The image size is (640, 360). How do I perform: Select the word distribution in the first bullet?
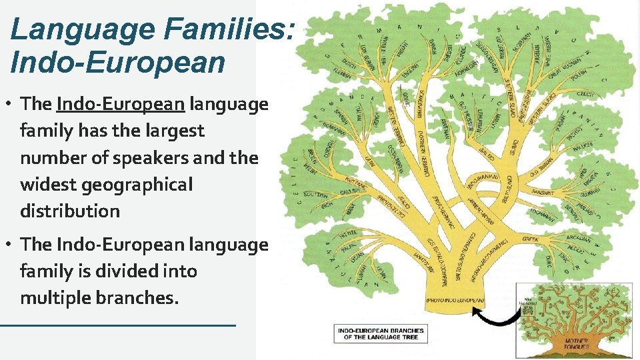(70, 211)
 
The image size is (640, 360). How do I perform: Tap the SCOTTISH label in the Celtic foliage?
(316, 194)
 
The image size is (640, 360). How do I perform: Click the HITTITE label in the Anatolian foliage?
(349, 233)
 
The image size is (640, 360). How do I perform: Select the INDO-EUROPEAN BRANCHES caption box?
(381, 334)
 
